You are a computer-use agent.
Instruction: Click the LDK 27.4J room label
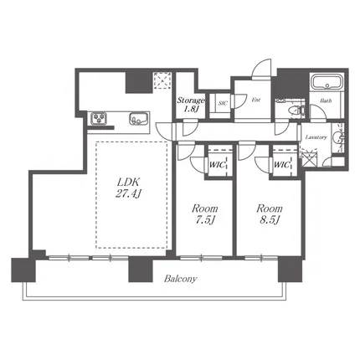[x=128, y=188]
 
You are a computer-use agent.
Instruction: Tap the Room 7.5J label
[x=204, y=214]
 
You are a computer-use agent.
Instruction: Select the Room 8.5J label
[x=270, y=214]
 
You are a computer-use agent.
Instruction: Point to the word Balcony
[x=181, y=279]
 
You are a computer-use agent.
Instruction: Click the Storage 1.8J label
[x=191, y=104]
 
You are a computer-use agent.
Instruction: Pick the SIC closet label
[x=223, y=103]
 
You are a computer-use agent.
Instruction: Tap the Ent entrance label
[x=256, y=100]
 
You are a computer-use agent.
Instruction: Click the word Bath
[x=326, y=100]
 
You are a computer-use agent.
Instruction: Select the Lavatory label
[x=316, y=137]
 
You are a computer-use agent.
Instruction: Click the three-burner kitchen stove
[x=99, y=118]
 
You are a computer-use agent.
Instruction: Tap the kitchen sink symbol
[x=138, y=119]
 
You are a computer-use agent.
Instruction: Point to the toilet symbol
[x=295, y=111]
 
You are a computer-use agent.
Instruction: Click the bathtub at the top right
[x=327, y=81]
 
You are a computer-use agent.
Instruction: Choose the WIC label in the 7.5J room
[x=217, y=165]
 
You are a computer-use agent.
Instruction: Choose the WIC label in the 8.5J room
[x=281, y=165]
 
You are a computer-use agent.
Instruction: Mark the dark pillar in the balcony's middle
[x=141, y=270]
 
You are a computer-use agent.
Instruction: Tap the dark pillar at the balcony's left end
[x=23, y=270]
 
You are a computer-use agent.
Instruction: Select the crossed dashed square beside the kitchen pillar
[x=162, y=80]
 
